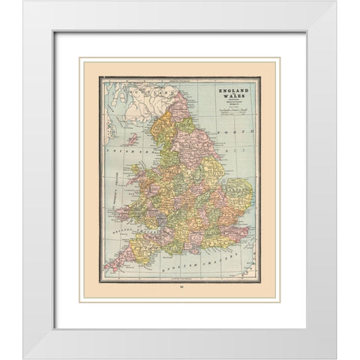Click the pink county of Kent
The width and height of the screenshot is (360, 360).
point(226,229)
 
